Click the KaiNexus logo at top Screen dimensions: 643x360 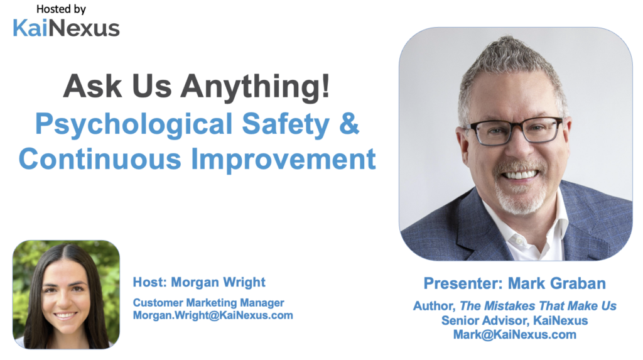66,28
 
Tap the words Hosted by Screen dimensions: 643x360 61,9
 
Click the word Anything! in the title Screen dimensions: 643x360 255,86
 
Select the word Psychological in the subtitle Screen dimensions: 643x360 134,124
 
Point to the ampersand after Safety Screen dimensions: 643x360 349,124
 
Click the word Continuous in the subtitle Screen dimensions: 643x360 100,159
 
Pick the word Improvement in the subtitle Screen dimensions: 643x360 283,160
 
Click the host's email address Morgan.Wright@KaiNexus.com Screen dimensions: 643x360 213,315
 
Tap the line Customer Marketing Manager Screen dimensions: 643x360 208,303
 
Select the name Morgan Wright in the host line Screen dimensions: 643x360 218,282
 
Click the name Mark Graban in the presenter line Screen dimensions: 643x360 557,283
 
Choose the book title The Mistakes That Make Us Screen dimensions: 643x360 538,306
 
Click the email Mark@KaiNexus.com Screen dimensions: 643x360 515,334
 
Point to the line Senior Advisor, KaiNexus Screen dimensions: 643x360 515,320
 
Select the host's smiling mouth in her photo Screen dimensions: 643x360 65,315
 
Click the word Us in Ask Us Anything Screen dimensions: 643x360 152,86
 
